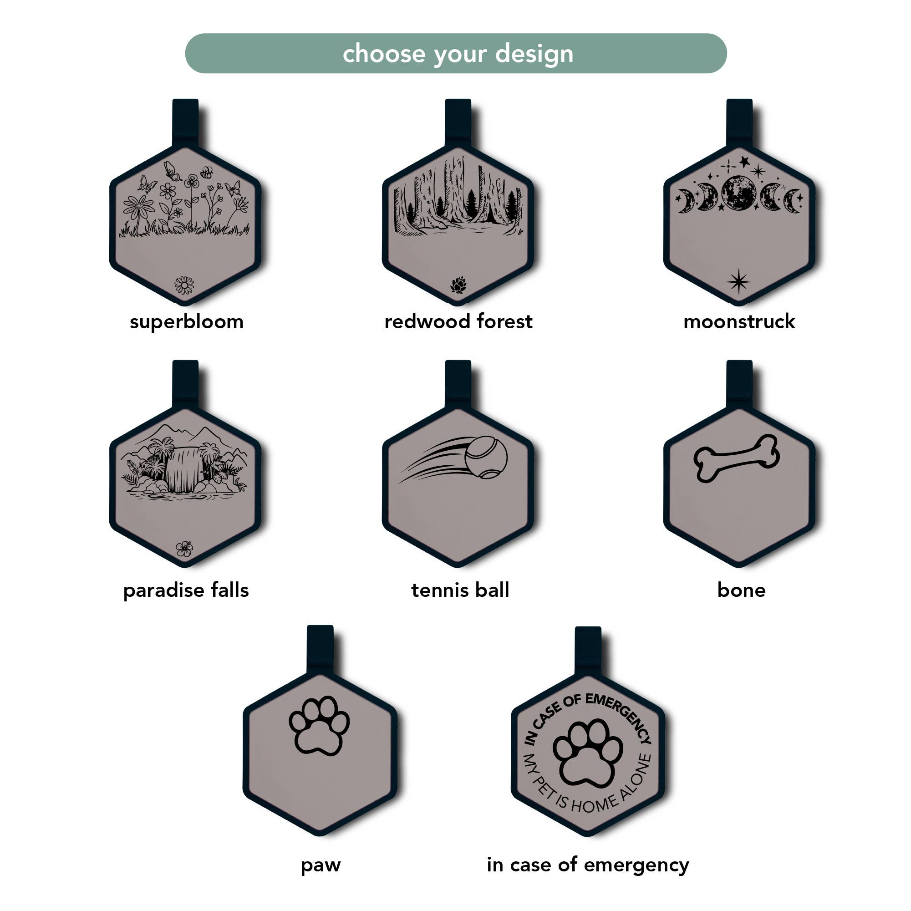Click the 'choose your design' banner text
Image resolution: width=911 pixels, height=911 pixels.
pos(458,54)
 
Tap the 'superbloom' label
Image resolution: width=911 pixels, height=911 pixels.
pos(187,322)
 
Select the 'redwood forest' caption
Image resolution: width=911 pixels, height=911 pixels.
pos(458,322)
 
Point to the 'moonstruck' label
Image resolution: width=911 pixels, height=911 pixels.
pos(739,322)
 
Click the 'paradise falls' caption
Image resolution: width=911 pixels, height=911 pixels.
pos(186,590)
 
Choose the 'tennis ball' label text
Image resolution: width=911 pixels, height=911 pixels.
pos(460,590)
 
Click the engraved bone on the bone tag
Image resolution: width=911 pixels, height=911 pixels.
pos(736,458)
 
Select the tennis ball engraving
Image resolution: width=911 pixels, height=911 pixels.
pos(486,457)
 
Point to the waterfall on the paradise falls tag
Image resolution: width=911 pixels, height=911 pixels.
pos(184,470)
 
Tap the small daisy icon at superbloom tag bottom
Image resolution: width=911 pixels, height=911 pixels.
pos(184,285)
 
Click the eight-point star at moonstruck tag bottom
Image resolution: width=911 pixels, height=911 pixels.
pos(738,281)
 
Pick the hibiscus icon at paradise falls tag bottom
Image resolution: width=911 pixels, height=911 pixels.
pos(184,549)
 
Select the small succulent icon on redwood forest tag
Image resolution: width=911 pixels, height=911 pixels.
pos(458,285)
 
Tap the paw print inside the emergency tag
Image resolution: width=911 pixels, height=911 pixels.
pos(587,754)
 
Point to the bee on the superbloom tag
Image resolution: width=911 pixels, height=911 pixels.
pos(207,173)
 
